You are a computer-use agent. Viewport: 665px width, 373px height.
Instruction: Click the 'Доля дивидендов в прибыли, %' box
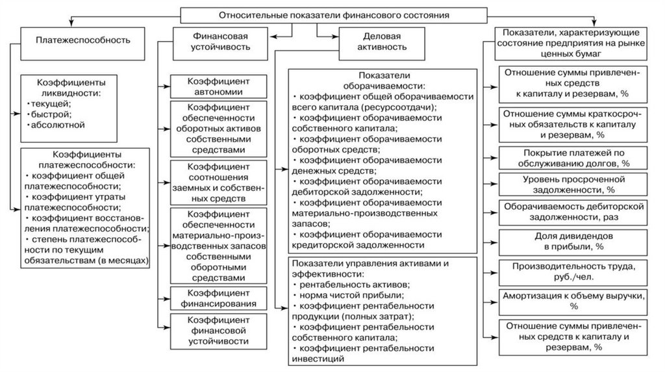573,241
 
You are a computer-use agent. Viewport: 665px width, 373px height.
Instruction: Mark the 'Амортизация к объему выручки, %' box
573,300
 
